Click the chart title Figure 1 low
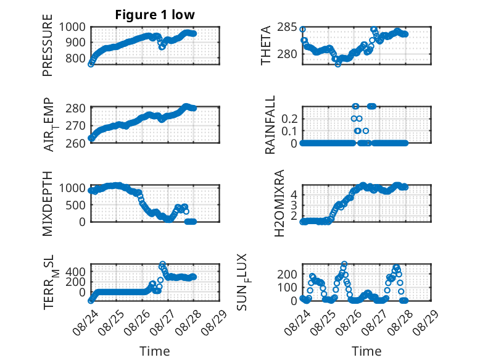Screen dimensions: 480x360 155,15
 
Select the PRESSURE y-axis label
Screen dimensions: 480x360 48,45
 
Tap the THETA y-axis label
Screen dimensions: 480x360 266,45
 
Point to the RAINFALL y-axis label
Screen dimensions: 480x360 270,125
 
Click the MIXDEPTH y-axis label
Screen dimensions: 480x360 48,204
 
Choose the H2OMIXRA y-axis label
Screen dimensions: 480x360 279,203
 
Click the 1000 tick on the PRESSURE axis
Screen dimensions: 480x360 72,27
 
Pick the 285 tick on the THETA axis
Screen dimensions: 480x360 287,27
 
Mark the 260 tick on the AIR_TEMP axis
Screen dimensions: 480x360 76,143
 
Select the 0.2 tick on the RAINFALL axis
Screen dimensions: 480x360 289,119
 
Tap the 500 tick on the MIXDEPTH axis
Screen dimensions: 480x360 76,205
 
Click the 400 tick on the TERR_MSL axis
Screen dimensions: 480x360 76,272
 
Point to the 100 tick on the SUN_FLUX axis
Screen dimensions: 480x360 287,287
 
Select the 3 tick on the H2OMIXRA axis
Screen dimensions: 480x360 294,205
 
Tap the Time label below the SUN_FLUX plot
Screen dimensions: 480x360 366,351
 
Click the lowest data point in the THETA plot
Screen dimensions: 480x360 337,64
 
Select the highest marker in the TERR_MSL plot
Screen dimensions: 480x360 162,264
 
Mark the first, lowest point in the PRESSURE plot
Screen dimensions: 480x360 91,64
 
